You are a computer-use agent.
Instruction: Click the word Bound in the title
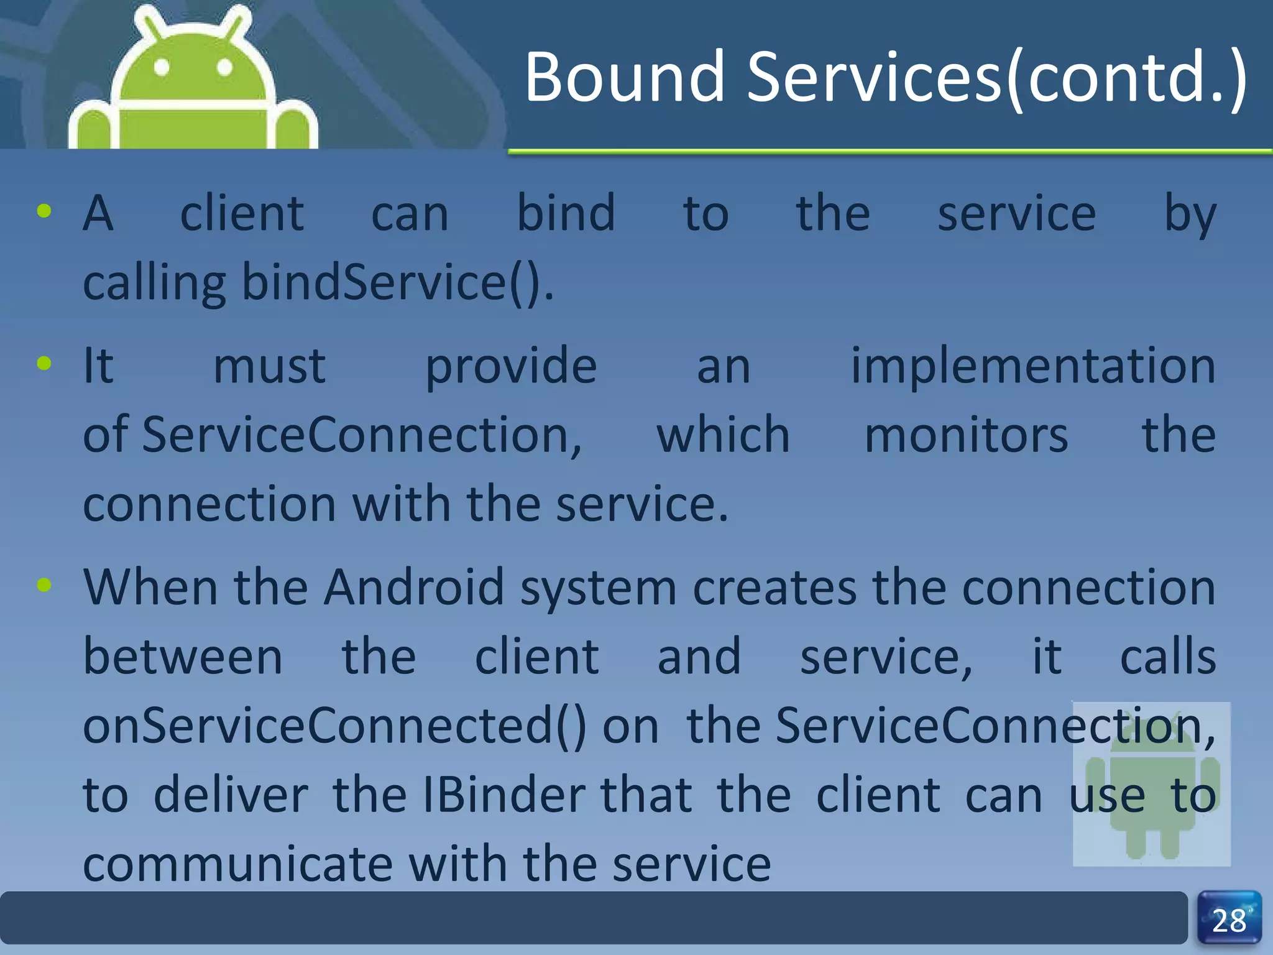pyautogui.click(x=624, y=77)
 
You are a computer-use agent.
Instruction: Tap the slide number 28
pyautogui.click(x=1229, y=921)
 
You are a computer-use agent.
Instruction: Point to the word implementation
pyautogui.click(x=1032, y=366)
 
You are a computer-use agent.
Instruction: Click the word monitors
pyautogui.click(x=966, y=435)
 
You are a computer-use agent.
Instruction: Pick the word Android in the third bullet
pyautogui.click(x=413, y=587)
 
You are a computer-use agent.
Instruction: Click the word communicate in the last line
pyautogui.click(x=238, y=864)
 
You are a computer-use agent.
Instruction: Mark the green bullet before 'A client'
pyautogui.click(x=44, y=211)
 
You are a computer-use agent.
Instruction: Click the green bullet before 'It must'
pyautogui.click(x=44, y=363)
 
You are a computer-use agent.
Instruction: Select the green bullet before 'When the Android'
pyautogui.click(x=44, y=584)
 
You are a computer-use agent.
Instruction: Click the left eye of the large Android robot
pyautogui.click(x=162, y=67)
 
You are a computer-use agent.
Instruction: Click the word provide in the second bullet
pyautogui.click(x=511, y=366)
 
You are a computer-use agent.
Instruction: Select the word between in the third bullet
pyautogui.click(x=183, y=657)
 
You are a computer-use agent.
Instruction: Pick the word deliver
pyautogui.click(x=231, y=795)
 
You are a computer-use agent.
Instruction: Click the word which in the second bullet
pyautogui.click(x=723, y=435)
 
